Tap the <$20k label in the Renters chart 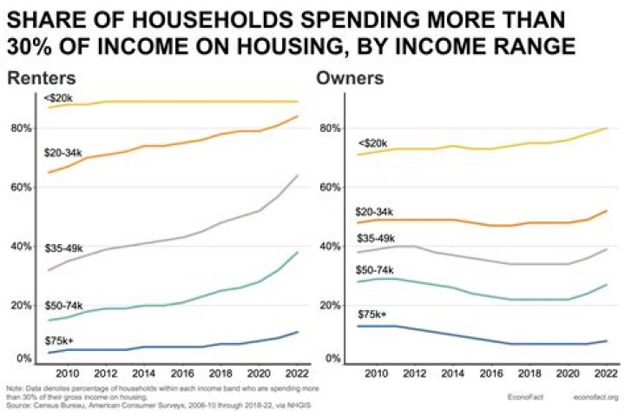58,97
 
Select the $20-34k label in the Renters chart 63,153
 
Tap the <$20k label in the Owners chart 372,143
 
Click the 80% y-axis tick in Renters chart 20,129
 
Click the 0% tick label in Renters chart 23,358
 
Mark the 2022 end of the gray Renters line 298,175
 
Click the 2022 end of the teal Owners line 606,284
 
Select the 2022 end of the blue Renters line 298,332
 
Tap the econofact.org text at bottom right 595,398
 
